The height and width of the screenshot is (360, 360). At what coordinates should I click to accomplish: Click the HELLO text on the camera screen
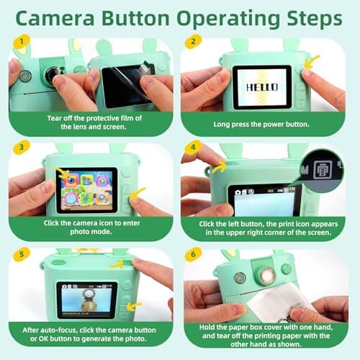coord(261,84)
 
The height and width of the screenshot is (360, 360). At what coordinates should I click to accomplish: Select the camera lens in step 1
coord(50,75)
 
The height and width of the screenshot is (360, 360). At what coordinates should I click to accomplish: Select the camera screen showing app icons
coord(86,190)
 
